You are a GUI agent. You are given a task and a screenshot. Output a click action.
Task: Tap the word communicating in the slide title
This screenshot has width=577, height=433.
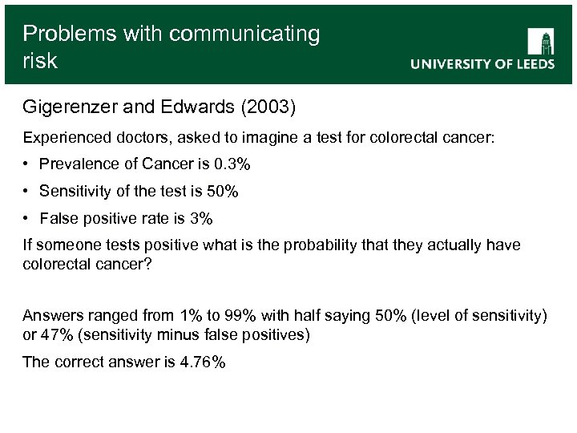(245, 34)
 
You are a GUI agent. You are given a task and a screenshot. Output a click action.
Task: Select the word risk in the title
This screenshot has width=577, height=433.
(40, 61)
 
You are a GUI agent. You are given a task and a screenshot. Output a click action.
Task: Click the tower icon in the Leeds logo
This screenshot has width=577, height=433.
(541, 42)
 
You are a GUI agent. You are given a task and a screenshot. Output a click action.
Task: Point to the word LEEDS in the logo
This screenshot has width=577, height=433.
(529, 65)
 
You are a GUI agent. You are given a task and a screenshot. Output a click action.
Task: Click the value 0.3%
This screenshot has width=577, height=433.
(232, 165)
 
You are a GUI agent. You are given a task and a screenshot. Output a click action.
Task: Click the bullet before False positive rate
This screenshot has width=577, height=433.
(26, 218)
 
